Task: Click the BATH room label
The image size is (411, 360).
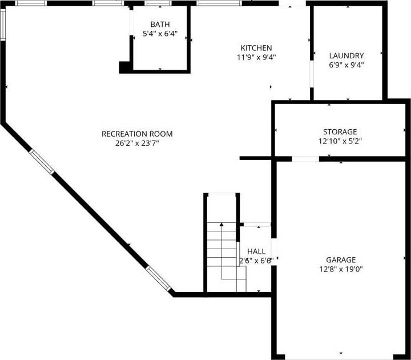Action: coord(160,24)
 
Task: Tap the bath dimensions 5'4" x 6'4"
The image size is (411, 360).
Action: coord(160,34)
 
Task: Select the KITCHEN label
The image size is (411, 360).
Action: coord(256,47)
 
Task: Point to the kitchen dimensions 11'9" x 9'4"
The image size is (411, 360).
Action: coord(256,57)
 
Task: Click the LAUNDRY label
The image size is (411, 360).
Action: coord(346,55)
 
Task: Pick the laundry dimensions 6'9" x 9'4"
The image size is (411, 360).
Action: coord(346,65)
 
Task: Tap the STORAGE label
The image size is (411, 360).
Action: coord(340,131)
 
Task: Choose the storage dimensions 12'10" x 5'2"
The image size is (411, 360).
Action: coord(340,141)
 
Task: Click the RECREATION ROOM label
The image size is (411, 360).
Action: coord(137,134)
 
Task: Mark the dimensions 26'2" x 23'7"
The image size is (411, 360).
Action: coord(137,143)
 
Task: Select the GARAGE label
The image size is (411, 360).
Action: coord(341,259)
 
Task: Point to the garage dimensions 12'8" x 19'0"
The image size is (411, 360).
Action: coord(341,269)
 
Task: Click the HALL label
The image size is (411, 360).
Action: coord(256,251)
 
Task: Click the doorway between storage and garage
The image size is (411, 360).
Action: coord(306,159)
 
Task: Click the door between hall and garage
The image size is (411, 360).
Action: coord(273,250)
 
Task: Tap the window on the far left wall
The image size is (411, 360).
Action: coord(2,25)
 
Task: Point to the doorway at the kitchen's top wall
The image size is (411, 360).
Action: coord(292,4)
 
